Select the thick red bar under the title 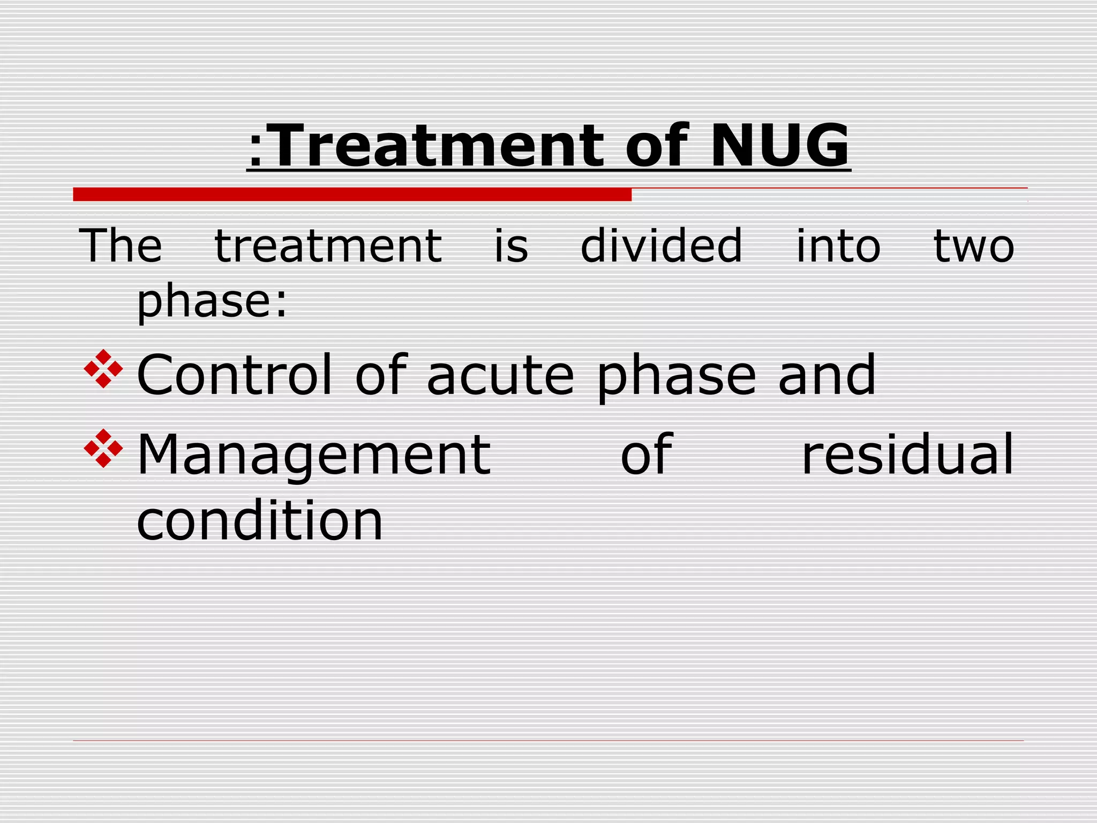352,194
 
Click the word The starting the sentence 121,246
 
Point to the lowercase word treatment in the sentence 328,246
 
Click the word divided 662,246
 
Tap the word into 838,246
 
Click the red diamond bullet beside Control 103,369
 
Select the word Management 314,455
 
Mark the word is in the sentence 511,246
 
